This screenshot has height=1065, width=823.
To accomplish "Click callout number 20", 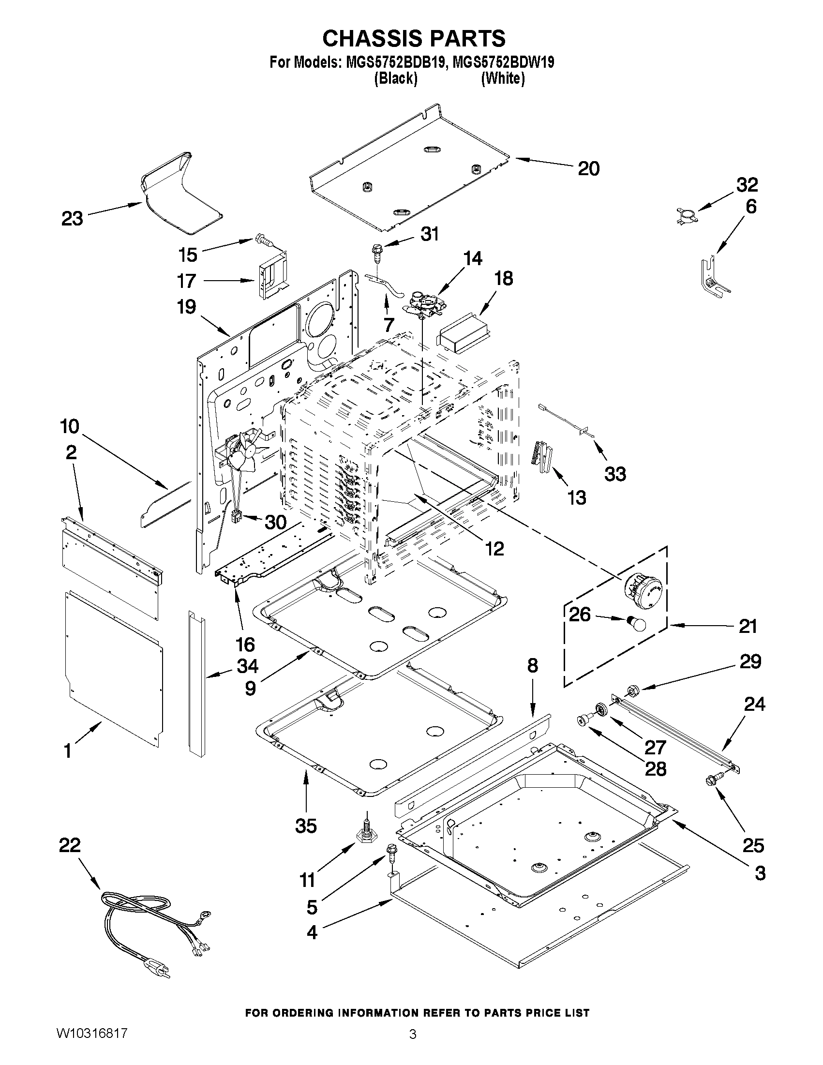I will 588,169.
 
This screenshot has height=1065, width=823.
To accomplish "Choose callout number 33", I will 615,474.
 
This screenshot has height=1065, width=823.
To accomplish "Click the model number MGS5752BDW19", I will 503,62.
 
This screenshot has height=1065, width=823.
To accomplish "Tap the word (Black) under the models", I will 395,78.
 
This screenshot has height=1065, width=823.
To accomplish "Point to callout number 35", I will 306,825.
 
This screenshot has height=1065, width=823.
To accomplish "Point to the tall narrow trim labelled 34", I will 196,683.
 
